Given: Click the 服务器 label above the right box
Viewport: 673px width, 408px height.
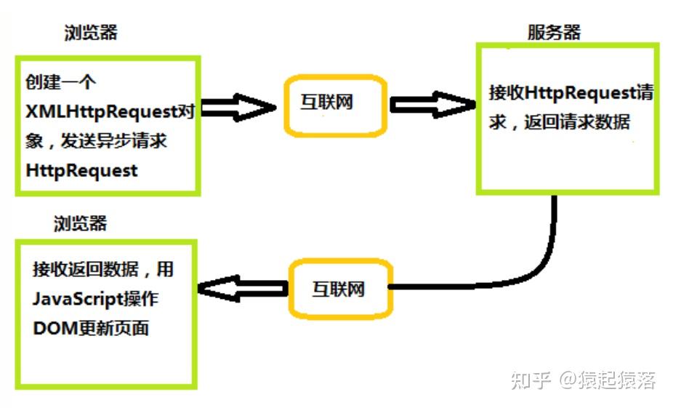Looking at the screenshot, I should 554,32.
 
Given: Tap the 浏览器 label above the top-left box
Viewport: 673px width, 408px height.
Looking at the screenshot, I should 92,32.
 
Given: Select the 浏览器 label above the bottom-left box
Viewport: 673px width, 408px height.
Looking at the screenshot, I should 80,223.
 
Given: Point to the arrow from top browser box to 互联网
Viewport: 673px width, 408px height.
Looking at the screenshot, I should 238,108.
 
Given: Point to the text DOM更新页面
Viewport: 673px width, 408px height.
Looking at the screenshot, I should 91,328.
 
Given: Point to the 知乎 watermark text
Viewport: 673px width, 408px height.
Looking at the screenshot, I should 529,380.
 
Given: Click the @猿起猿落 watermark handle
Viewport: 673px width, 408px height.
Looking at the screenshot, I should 607,380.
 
